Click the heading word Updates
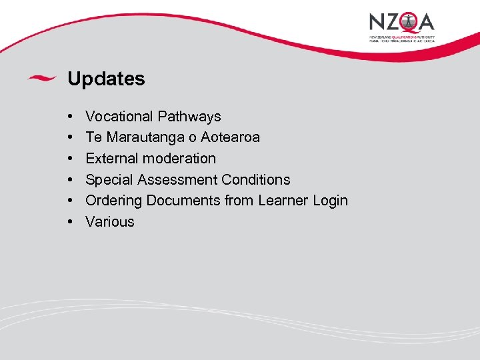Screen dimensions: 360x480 [106, 79]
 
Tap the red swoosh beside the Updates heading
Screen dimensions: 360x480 [41, 78]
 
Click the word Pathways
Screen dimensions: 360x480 [189, 116]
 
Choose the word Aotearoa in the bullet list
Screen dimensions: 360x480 [232, 137]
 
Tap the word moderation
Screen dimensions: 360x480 [179, 159]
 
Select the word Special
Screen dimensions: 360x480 [109, 180]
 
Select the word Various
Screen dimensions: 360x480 [110, 222]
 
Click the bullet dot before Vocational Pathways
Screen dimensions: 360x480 [71, 117]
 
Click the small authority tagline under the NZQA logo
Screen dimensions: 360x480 [402, 38]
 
